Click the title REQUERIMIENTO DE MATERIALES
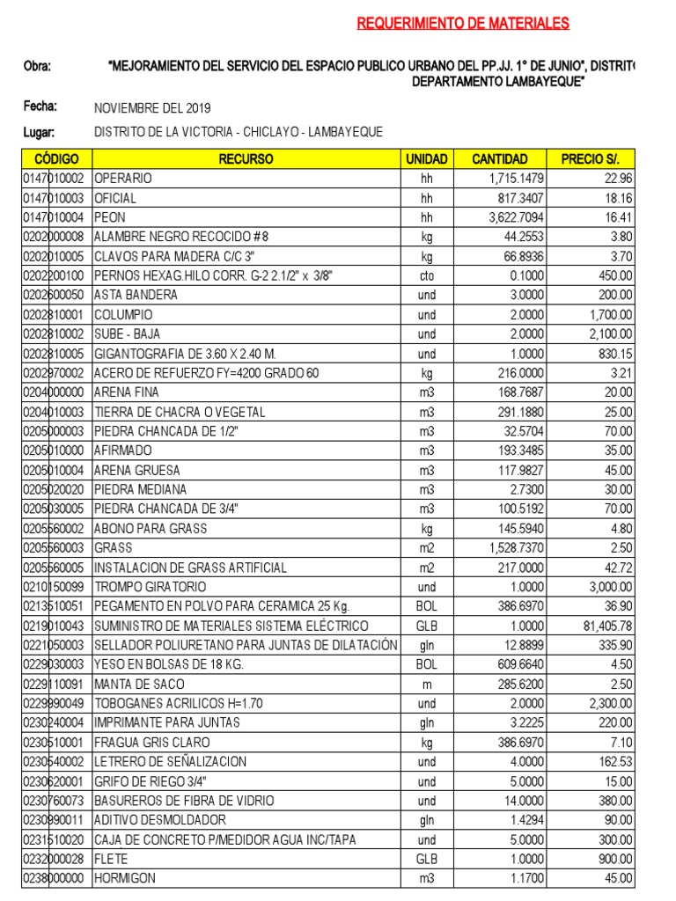463,24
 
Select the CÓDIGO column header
56,159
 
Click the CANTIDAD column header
500,159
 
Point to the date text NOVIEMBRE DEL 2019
152,108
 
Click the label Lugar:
40,132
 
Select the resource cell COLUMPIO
123,314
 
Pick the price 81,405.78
605,626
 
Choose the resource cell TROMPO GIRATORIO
151,587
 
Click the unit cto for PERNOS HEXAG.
427,275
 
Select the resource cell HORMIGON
125,878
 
